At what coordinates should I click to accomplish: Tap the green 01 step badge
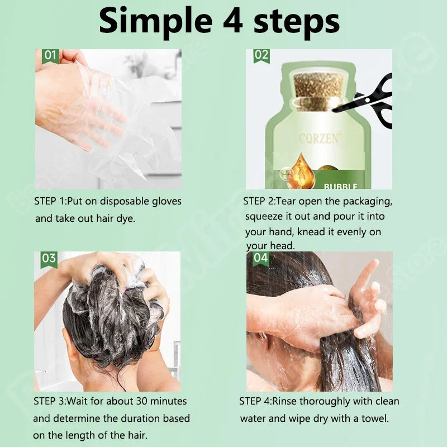50,55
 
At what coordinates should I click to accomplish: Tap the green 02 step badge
261,55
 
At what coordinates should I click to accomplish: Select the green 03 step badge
49,258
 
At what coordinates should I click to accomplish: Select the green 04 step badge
260,258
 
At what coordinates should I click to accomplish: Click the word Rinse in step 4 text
298,401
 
